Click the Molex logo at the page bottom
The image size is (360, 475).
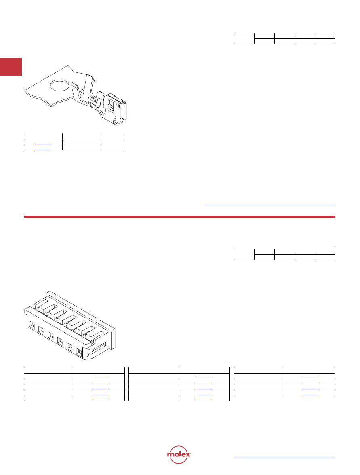click(x=179, y=454)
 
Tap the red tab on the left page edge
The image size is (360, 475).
click(x=11, y=67)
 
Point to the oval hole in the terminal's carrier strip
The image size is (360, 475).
click(x=59, y=85)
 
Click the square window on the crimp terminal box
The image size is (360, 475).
click(x=111, y=105)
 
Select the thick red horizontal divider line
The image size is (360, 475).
click(x=179, y=217)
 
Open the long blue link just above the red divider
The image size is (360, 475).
click(x=270, y=205)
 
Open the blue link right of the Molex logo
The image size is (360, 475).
click(x=284, y=458)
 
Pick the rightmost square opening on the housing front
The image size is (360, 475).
click(x=79, y=352)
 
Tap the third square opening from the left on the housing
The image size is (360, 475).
click(x=51, y=336)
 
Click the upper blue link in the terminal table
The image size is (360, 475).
click(x=43, y=144)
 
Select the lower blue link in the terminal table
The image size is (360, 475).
click(x=43, y=149)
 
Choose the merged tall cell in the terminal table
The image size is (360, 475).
click(x=113, y=144)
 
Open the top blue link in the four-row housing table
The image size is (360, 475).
click(x=309, y=378)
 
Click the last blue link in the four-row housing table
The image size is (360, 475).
click(x=309, y=395)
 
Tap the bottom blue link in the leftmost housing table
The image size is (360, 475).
click(x=99, y=400)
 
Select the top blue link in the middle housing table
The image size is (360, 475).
click(x=204, y=378)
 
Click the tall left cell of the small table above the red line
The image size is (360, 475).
click(x=244, y=38)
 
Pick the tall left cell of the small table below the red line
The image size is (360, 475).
click(x=244, y=254)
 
